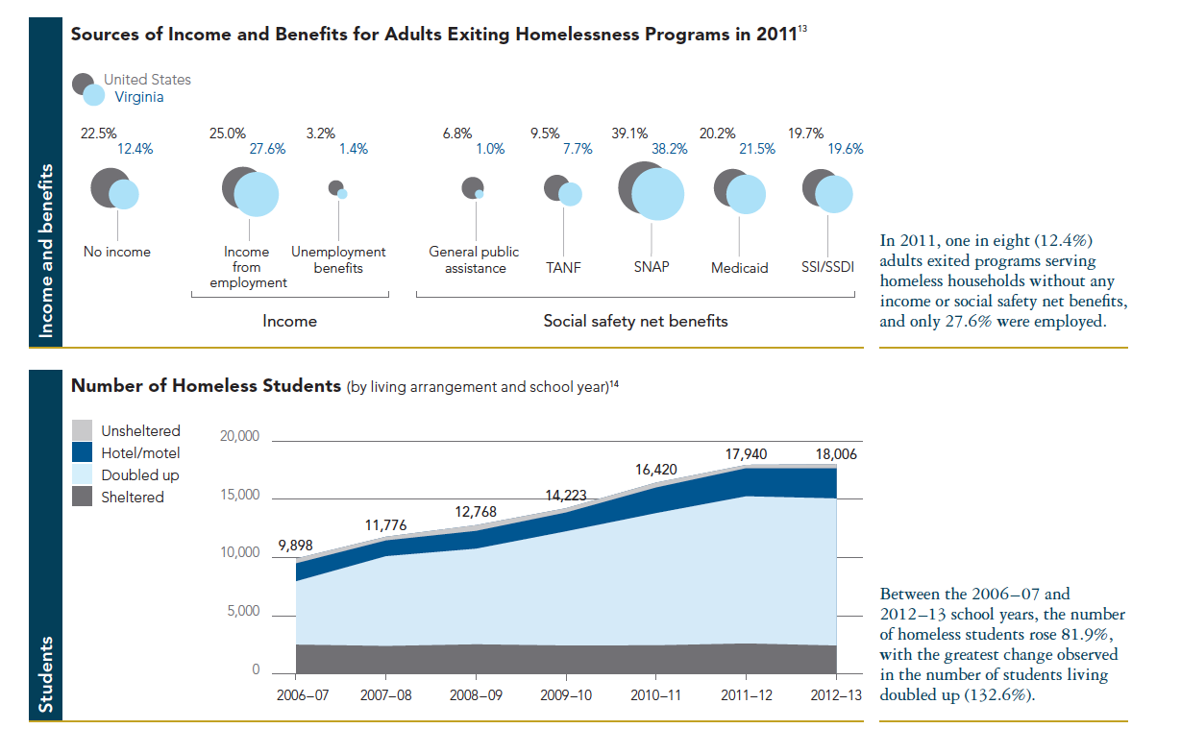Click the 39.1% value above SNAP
(630, 134)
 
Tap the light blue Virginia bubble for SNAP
(658, 194)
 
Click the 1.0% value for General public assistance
(492, 149)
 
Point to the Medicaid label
(739, 268)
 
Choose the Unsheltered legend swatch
(83, 431)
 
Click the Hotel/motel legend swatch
(83, 453)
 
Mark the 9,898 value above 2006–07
(296, 546)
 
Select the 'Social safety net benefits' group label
(635, 321)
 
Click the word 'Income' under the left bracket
(289, 321)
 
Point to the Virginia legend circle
(94, 96)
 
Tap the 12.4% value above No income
(135, 149)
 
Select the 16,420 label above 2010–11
(657, 470)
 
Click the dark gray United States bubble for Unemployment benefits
(334, 187)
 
